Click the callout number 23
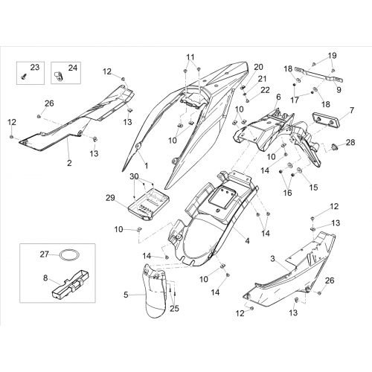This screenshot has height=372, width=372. pyautogui.click(x=35, y=67)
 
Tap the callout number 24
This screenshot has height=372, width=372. pyautogui.click(x=73, y=68)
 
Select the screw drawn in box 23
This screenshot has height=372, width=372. pyautogui.click(x=24, y=77)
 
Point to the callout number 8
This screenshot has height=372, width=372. pyautogui.click(x=45, y=278)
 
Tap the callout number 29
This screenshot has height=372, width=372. pyautogui.click(x=110, y=198)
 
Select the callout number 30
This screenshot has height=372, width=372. pyautogui.click(x=134, y=176)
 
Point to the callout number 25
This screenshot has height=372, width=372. pyautogui.click(x=174, y=309)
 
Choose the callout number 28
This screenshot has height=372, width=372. pyautogui.click(x=350, y=142)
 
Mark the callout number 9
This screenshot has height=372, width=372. pyautogui.click(x=339, y=89)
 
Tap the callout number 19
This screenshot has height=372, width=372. pyautogui.click(x=333, y=56)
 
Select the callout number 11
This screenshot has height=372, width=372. pyautogui.click(x=190, y=57)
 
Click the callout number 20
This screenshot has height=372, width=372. pyautogui.click(x=258, y=67)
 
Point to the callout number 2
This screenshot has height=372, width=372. pyautogui.click(x=69, y=163)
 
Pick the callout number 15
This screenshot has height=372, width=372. pyautogui.click(x=313, y=187)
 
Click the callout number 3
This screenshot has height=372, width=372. pyautogui.click(x=272, y=259)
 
